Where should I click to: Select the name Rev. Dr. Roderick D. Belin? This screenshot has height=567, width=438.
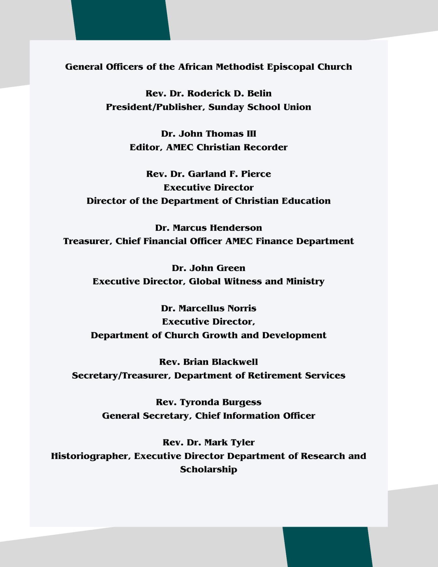coord(208,94)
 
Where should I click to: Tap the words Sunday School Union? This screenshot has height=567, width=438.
coord(260,107)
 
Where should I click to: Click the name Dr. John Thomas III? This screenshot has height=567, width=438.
coord(208,134)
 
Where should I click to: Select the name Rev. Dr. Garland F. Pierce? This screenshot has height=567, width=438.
coord(208,174)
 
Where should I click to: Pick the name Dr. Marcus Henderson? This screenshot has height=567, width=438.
coord(208,228)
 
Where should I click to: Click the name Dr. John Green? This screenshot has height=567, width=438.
coord(208,268)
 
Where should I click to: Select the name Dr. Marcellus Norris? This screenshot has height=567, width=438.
coord(208,308)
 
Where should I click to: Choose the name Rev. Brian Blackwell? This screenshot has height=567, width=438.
coord(208,362)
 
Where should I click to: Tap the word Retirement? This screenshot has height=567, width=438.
coord(275,376)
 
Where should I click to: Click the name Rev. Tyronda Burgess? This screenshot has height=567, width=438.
coord(208,402)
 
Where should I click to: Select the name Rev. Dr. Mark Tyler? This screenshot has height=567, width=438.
coord(208,442)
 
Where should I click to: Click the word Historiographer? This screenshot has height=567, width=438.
coord(91,456)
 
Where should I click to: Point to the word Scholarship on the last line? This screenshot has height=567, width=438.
coord(208,470)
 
